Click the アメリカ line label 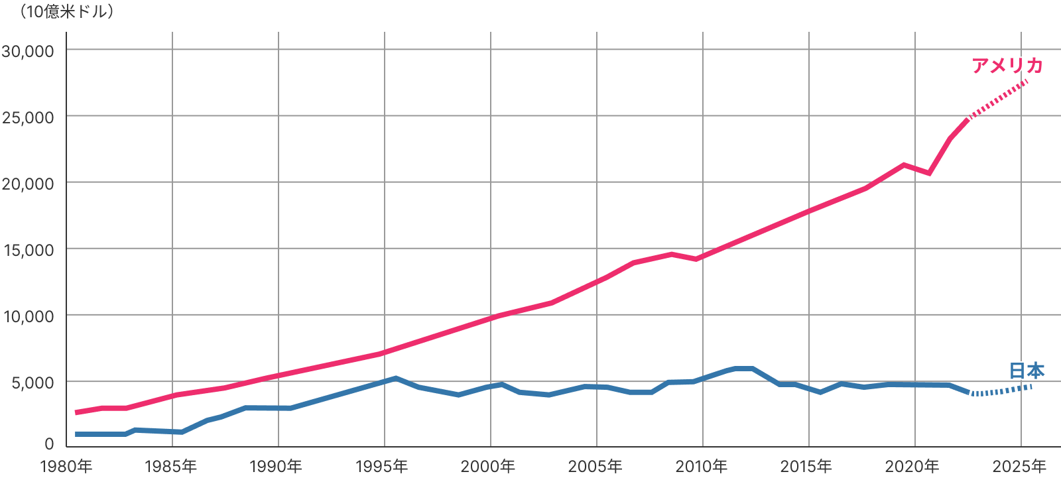click(1007, 65)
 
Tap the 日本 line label click(1027, 370)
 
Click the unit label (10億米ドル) click(66, 12)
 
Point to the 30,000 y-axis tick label click(28, 51)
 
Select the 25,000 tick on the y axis click(28, 117)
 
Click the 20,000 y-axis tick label click(28, 184)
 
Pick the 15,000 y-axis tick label click(28, 250)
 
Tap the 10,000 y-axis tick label click(28, 316)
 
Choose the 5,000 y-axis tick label click(32, 383)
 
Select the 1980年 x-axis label click(66, 466)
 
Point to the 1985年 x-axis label click(171, 466)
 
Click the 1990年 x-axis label click(276, 466)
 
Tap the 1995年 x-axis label click(382, 466)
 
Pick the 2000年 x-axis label click(488, 466)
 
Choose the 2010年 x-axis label click(702, 466)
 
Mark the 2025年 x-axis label click(1019, 466)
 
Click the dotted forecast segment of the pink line click(998, 99)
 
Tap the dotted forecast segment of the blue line click(1001, 391)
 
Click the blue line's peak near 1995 click(396, 378)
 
